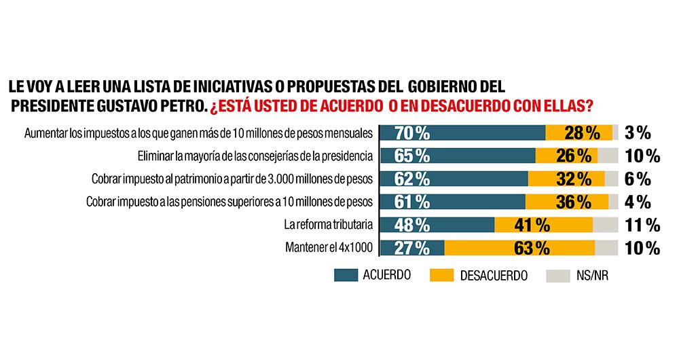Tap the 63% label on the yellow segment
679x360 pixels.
532,248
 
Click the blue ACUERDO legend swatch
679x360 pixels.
356,275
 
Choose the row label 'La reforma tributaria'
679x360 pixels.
328,224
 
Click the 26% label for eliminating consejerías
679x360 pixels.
573,156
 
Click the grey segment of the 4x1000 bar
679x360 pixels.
606,248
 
